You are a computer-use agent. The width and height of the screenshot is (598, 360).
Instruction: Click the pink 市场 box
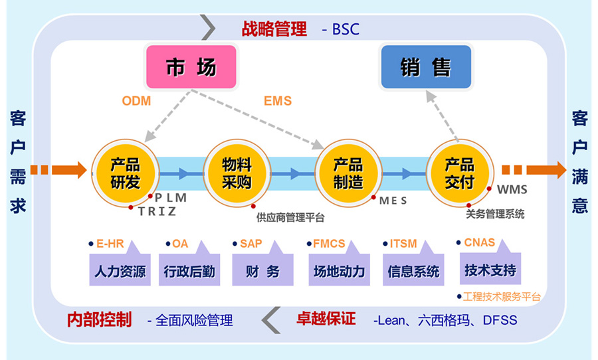point(191,66)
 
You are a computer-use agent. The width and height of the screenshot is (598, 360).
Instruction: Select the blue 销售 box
point(426,66)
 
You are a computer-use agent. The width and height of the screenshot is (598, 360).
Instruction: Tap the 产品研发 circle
point(126,173)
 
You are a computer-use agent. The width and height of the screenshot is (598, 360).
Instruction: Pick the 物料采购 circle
point(237,173)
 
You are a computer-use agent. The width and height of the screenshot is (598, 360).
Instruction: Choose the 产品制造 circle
point(348,173)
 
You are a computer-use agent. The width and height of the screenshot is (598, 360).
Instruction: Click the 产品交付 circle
point(460,173)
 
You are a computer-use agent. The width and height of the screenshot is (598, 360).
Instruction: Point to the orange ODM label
point(136,101)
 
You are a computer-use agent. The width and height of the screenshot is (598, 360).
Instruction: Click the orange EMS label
point(278,101)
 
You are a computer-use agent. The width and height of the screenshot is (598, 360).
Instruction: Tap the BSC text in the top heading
point(346,29)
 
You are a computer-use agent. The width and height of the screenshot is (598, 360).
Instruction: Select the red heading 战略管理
point(274,29)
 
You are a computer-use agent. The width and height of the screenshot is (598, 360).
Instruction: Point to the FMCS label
point(329,244)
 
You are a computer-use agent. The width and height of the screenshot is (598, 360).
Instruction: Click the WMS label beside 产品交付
point(512,189)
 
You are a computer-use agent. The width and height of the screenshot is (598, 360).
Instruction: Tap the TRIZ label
point(157,211)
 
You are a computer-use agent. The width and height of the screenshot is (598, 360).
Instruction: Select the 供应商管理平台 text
point(290,218)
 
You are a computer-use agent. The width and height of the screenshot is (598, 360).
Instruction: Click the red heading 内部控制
point(100,319)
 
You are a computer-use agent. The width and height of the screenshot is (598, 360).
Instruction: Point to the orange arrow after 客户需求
point(58,169)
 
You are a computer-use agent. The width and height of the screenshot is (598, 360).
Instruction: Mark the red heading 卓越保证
point(326,319)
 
